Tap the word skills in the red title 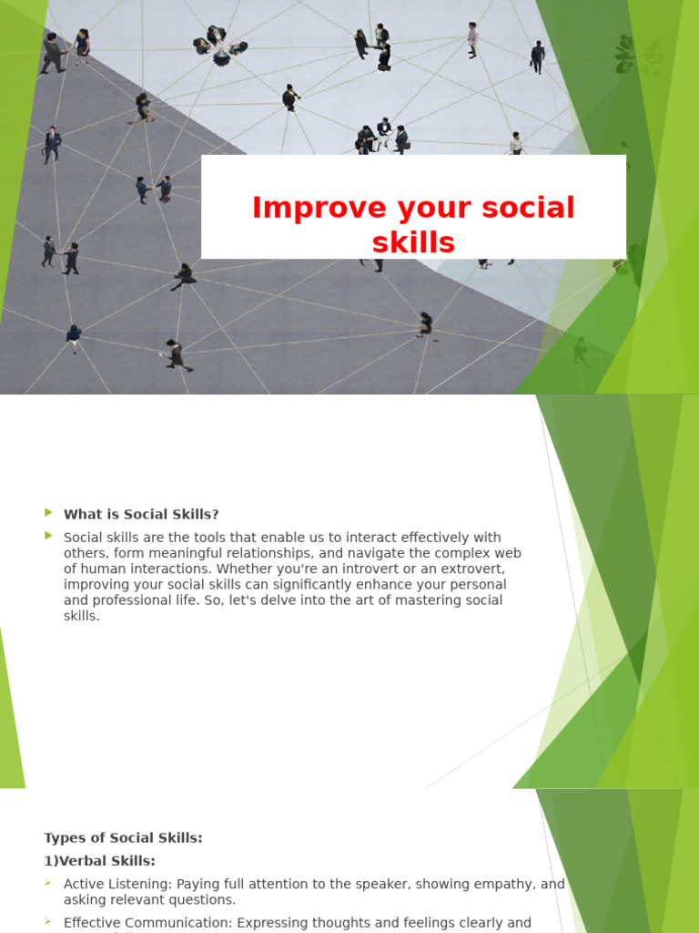click(413, 243)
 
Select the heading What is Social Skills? click(141, 515)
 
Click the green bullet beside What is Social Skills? click(49, 513)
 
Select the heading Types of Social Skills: click(123, 838)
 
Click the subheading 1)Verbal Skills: click(99, 861)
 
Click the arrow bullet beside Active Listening click(49, 883)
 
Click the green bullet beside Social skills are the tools click(49, 536)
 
